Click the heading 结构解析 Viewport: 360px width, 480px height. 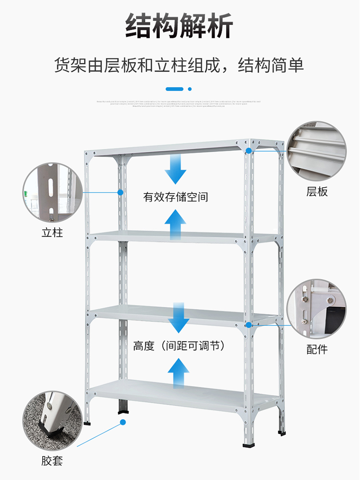click(180, 26)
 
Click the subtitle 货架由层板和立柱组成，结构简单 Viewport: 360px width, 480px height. click(180, 65)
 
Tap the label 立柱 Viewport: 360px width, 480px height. click(52, 233)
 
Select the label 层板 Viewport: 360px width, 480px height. click(317, 192)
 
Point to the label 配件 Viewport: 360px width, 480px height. click(317, 349)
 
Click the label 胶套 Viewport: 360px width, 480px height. click(52, 462)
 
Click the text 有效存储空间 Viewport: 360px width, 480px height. click(176, 197)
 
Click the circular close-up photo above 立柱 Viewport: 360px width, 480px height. click(51, 192)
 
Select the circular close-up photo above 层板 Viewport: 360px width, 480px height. click(317, 151)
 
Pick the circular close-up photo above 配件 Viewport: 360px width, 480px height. click(317, 309)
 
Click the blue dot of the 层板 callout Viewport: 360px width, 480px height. click(249, 150)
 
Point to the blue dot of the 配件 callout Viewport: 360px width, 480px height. click(249, 325)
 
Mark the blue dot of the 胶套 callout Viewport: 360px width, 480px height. click(122, 422)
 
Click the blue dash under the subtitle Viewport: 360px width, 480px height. click(174, 89)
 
